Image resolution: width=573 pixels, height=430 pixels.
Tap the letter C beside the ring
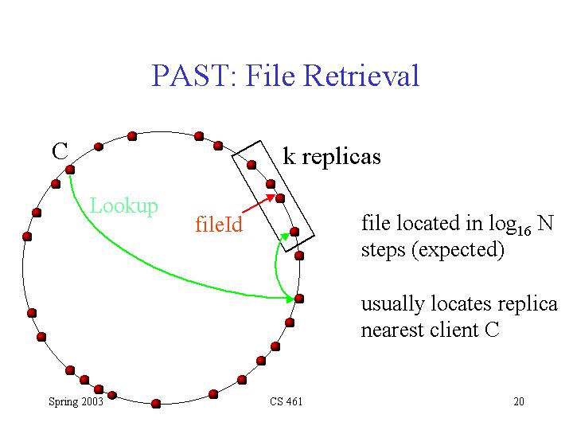click(x=60, y=150)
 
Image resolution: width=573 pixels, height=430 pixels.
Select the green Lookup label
click(x=123, y=206)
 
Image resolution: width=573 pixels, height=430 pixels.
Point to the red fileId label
click(x=218, y=225)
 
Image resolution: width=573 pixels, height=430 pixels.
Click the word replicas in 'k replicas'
click(x=340, y=156)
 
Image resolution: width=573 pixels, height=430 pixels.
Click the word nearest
click(x=393, y=330)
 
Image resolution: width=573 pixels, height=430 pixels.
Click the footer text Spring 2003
click(x=76, y=401)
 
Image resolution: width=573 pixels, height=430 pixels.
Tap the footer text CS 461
click(x=286, y=401)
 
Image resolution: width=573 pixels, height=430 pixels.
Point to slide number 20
click(x=519, y=401)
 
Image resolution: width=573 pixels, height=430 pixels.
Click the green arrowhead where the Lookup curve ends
click(x=290, y=299)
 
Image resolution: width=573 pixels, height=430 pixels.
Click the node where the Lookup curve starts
click(x=69, y=169)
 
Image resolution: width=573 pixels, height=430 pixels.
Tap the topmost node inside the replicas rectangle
click(x=251, y=165)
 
